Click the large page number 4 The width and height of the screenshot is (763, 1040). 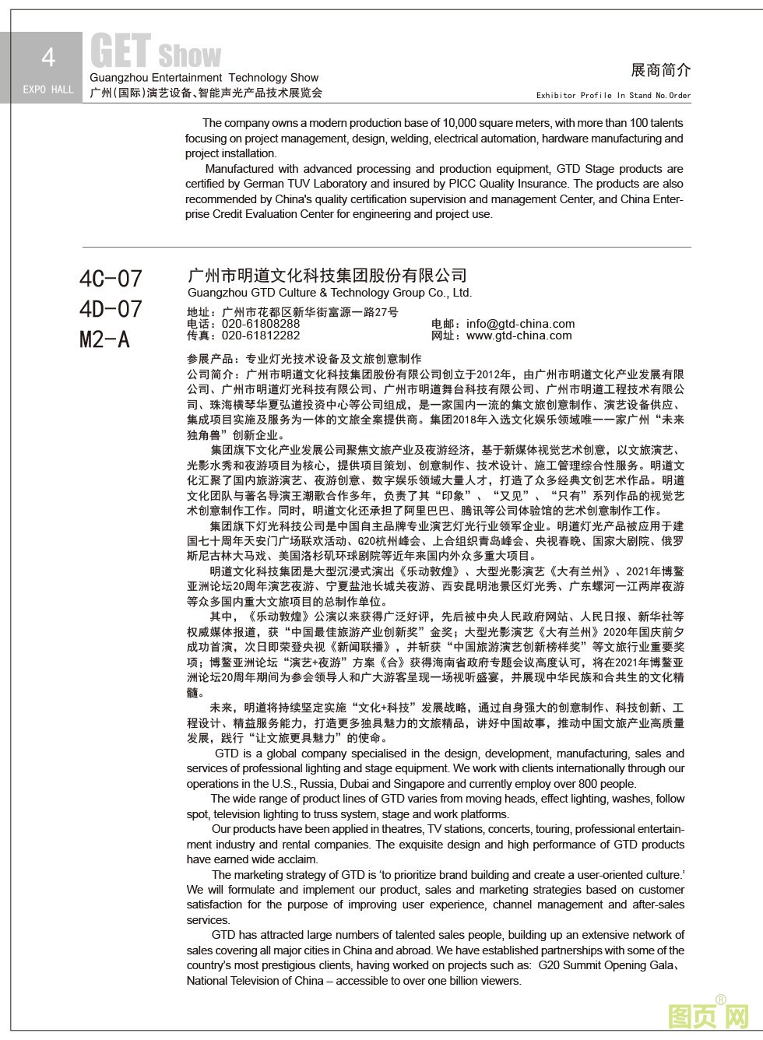point(48,58)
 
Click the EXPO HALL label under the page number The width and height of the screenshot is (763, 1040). point(48,90)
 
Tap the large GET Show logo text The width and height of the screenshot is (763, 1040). point(156,52)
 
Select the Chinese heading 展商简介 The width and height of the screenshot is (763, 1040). point(660,70)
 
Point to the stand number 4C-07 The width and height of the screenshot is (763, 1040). point(111,278)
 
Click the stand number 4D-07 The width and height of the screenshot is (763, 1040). point(111,309)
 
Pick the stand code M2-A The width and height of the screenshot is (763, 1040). point(104,339)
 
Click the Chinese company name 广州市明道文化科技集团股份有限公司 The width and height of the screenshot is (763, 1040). point(327,276)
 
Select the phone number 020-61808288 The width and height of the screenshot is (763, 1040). point(261,324)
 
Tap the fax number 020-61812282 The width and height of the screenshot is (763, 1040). point(261,336)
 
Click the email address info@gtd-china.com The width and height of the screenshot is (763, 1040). point(520,324)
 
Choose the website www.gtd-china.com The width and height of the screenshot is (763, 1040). point(519,336)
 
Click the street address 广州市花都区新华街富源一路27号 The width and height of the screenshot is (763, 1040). point(310,312)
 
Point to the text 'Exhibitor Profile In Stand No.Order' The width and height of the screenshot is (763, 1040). point(613,95)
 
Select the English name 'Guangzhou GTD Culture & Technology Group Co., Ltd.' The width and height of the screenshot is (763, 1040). point(329,293)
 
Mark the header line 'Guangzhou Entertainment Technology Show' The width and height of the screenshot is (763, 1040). point(204,78)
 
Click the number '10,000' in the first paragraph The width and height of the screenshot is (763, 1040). point(459,123)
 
